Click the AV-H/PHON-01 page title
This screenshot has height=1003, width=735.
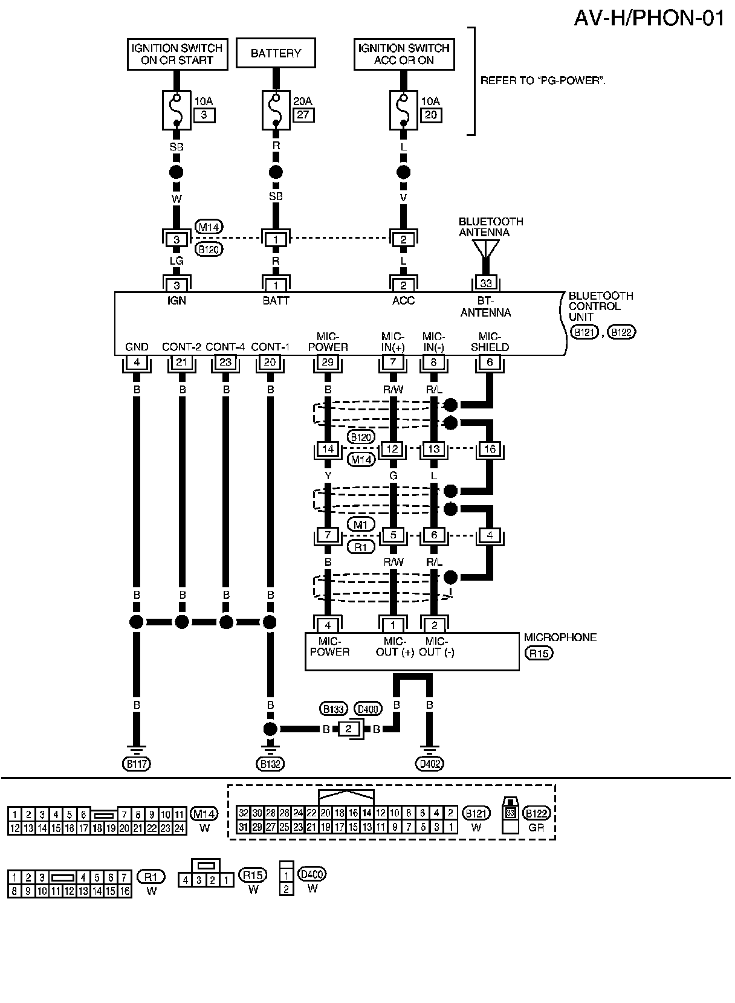pyautogui.click(x=649, y=18)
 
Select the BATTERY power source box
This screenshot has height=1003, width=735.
pyautogui.click(x=276, y=53)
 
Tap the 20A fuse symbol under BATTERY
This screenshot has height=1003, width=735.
pyautogui.click(x=276, y=110)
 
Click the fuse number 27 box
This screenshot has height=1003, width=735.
pyautogui.click(x=303, y=115)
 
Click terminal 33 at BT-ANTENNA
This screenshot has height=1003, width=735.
pyautogui.click(x=486, y=283)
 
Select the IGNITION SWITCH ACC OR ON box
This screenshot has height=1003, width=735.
pyautogui.click(x=403, y=54)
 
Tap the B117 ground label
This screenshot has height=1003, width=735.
pyautogui.click(x=137, y=764)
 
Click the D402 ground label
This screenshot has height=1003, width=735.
pyautogui.click(x=430, y=764)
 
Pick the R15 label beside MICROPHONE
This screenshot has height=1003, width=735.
pyautogui.click(x=539, y=653)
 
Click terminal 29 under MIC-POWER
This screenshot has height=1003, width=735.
pyautogui.click(x=328, y=363)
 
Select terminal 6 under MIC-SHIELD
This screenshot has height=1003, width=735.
pyautogui.click(x=490, y=363)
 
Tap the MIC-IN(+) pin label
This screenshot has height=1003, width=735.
pyautogui.click(x=393, y=342)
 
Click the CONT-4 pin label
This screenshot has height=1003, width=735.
pyautogui.click(x=225, y=347)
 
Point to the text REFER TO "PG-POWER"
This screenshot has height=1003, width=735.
pyautogui.click(x=542, y=80)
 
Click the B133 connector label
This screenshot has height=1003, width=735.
pyautogui.click(x=333, y=709)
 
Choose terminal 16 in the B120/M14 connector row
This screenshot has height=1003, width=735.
pyautogui.click(x=490, y=449)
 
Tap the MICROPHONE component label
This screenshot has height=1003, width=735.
pyautogui.click(x=560, y=637)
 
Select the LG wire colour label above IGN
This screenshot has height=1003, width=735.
pyautogui.click(x=176, y=261)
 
